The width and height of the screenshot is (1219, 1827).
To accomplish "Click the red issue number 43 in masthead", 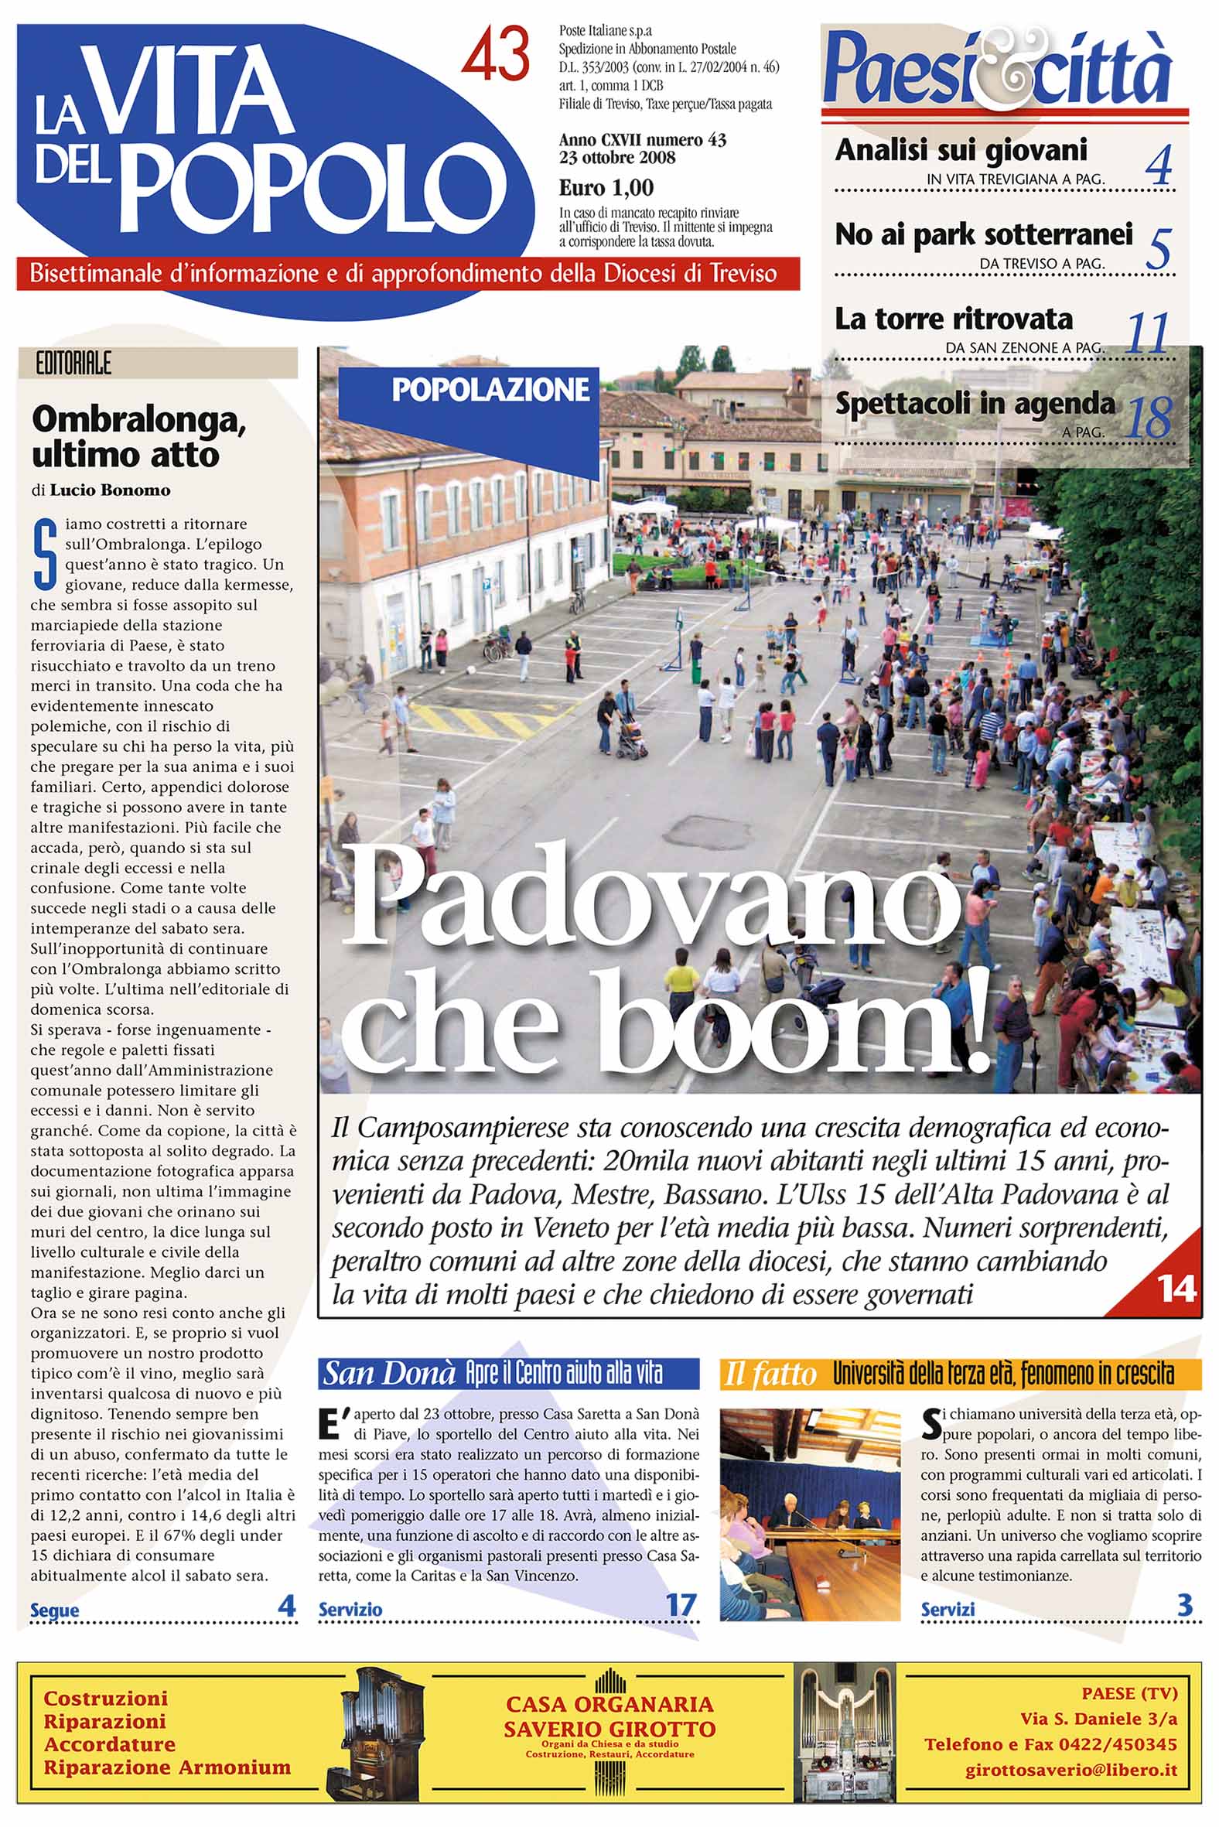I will pyautogui.click(x=496, y=54).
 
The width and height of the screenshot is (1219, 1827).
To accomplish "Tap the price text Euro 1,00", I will pyautogui.click(x=606, y=188).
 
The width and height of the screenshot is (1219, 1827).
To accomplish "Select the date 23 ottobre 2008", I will pyautogui.click(x=617, y=158).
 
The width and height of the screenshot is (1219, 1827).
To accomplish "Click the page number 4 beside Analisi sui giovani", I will pyautogui.click(x=1159, y=165).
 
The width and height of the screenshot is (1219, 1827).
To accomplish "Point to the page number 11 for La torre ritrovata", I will pyautogui.click(x=1148, y=335).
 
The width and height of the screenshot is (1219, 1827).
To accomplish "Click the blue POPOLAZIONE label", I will pyautogui.click(x=490, y=390).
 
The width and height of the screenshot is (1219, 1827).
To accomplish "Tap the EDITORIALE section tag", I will pyautogui.click(x=73, y=364).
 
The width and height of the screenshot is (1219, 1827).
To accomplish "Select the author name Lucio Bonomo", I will pyautogui.click(x=110, y=490).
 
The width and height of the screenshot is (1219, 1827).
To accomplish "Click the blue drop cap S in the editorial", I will pyautogui.click(x=45, y=555).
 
